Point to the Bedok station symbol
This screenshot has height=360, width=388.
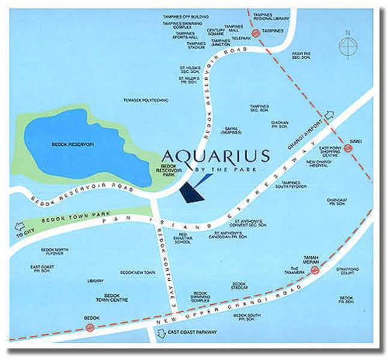click(x=90, y=327)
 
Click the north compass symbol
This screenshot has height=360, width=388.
click(x=347, y=45)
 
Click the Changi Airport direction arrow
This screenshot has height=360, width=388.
click(x=329, y=116)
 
